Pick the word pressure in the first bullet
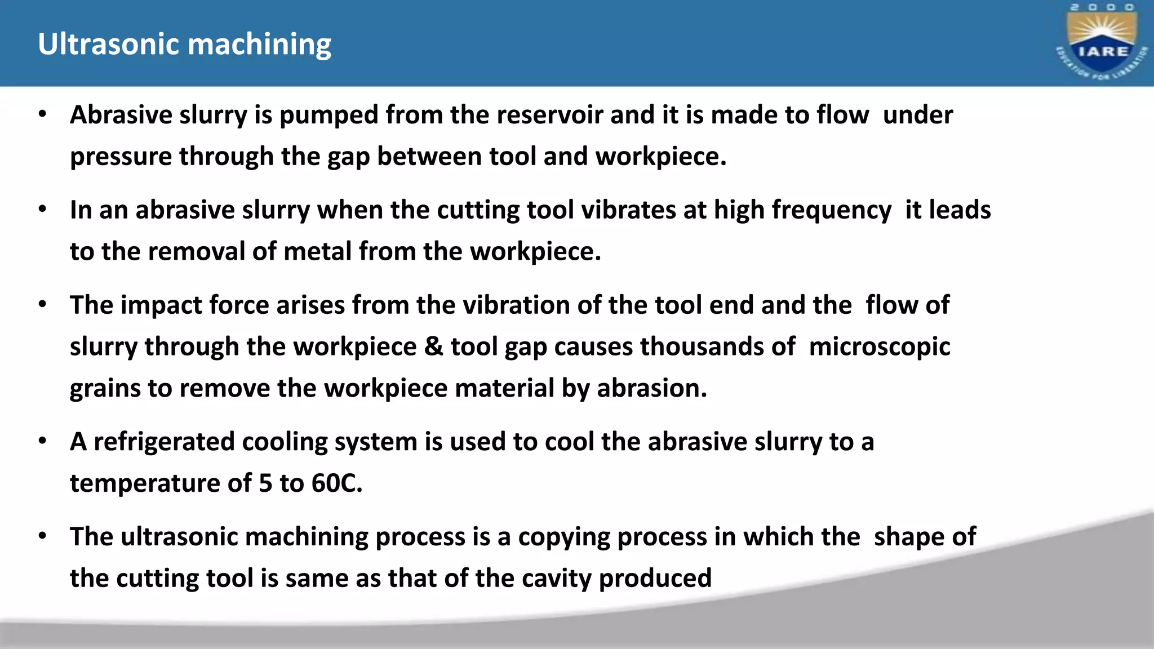click(121, 157)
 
